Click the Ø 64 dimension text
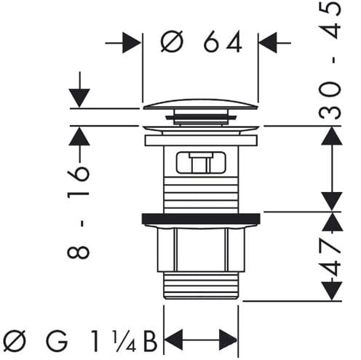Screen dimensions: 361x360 201,41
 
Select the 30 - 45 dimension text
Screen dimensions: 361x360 330,60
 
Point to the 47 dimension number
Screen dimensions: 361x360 330,257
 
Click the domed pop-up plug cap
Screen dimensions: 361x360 201,104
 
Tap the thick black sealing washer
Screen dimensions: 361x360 201,218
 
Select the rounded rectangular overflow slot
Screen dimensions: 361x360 200,162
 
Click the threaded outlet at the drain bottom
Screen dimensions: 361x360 201,285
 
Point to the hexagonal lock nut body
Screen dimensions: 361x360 200,250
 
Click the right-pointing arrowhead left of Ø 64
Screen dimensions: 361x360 132,43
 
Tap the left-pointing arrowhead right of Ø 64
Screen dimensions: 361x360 269,43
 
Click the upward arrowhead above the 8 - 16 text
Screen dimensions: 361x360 79,136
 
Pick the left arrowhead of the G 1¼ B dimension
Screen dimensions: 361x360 173,340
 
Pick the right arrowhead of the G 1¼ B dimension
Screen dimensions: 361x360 228,340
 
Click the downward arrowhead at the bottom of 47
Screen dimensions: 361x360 332,291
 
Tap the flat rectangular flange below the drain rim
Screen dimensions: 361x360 201,140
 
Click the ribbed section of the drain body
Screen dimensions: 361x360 202,195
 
